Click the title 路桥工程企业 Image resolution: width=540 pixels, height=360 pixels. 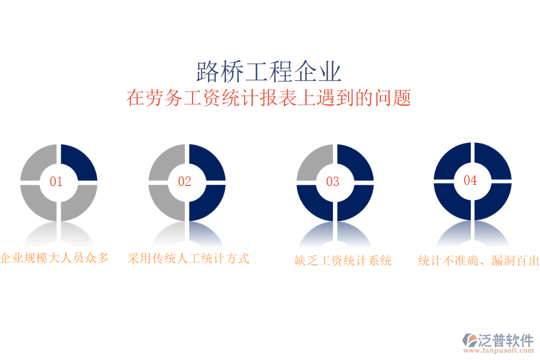[269, 71]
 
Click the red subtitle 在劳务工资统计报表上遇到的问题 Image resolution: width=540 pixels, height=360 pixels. [269, 97]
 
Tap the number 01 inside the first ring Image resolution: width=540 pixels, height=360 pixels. [56, 182]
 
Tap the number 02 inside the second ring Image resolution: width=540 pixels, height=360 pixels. [184, 182]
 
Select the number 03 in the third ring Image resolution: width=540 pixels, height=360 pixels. [332, 182]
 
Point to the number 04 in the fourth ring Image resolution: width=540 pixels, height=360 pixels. [470, 180]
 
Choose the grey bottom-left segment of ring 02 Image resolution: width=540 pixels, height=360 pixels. [165, 203]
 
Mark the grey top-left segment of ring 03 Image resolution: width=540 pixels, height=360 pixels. [314, 161]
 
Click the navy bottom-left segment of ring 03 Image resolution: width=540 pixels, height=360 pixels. [314, 203]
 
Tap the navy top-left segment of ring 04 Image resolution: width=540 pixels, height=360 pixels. [451, 159]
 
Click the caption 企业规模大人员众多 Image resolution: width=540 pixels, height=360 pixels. [55, 258]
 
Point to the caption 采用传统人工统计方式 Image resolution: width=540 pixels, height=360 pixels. [188, 259]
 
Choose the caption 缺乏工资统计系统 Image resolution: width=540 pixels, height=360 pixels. [343, 260]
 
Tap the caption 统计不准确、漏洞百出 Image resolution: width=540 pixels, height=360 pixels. [478, 260]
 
